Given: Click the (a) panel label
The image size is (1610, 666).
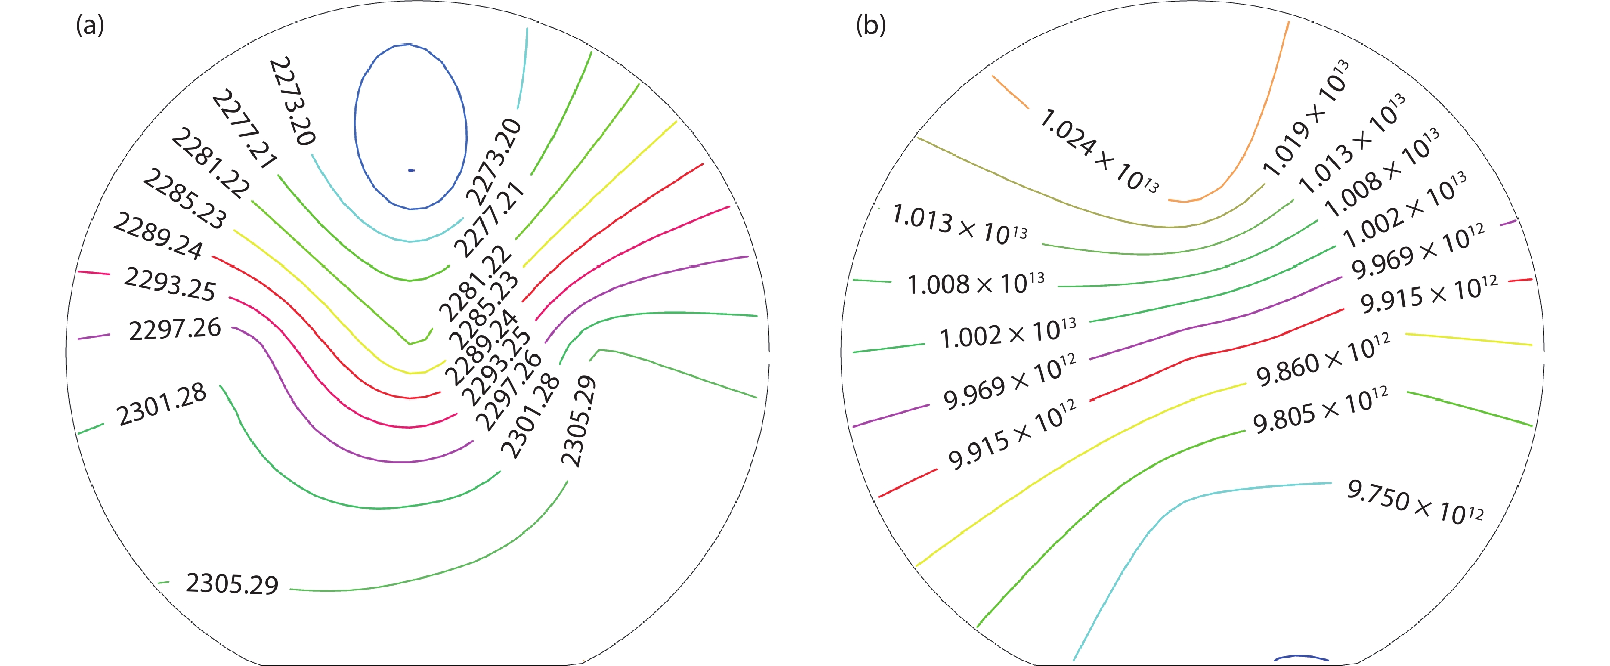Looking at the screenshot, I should pos(89,26).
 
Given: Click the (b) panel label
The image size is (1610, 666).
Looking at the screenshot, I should pos(870,26).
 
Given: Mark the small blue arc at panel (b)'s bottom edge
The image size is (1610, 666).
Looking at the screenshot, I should pos(1301,657).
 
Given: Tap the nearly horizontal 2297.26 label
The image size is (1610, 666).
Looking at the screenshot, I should pos(175,329).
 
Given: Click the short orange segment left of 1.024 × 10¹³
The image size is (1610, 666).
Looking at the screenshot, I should pos(1009,91).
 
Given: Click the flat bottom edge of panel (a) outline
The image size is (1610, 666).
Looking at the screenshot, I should pos(419,664).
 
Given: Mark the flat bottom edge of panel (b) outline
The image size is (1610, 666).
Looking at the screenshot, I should pos(1187,664).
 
